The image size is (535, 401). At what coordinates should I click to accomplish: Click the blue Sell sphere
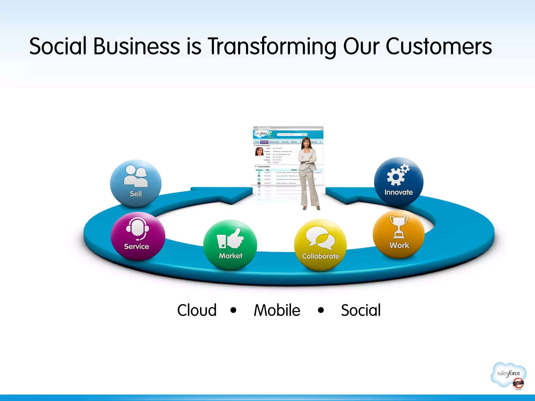[x=136, y=183]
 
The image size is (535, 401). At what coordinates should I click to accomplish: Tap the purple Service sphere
[x=138, y=236]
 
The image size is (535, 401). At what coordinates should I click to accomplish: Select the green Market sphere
[x=230, y=245]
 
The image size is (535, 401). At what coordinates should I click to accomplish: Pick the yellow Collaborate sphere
[x=321, y=245]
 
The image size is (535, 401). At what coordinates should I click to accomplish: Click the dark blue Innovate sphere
[x=399, y=181]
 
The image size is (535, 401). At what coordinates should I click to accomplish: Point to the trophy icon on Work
[x=399, y=227]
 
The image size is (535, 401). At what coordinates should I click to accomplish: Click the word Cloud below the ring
[x=197, y=310]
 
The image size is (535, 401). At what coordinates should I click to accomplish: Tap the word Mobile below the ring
[x=277, y=310]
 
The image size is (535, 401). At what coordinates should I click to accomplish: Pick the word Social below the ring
[x=361, y=310]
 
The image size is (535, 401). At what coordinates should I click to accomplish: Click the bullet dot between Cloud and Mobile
[x=234, y=310]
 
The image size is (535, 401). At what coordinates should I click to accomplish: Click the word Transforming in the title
[x=272, y=46]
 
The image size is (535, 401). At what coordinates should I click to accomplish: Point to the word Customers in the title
[x=439, y=46]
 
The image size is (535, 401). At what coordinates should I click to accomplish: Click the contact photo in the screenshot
[x=259, y=151]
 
